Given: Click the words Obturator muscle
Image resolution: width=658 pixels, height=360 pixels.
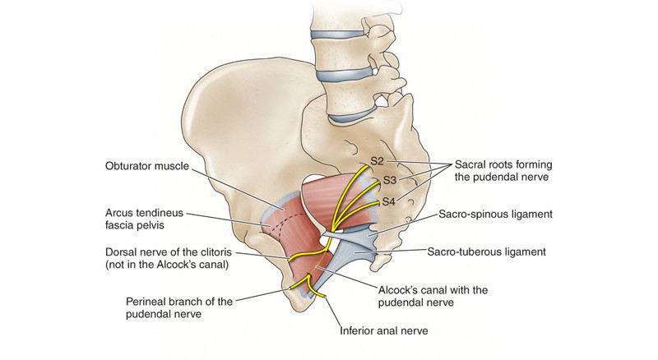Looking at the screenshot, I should click(x=146, y=166).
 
